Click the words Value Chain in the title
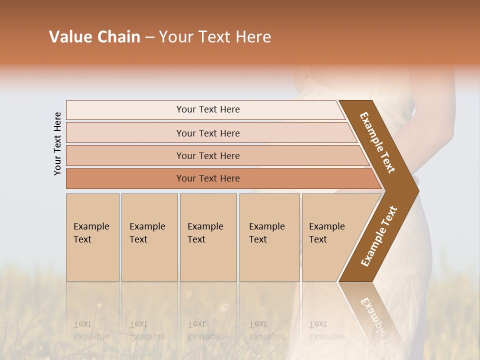(94, 37)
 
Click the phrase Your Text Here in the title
(215, 37)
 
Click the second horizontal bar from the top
(207, 133)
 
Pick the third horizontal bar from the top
(207, 155)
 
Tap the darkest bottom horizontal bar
(207, 178)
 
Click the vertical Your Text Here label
(57, 143)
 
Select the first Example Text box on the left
(92, 237)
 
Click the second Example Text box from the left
(149, 237)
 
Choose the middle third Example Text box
(208, 237)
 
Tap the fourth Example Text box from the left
(269, 237)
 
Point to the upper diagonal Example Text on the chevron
(377, 142)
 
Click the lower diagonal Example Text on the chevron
(379, 236)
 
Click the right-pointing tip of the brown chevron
(416, 191)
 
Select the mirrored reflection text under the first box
(91, 330)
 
